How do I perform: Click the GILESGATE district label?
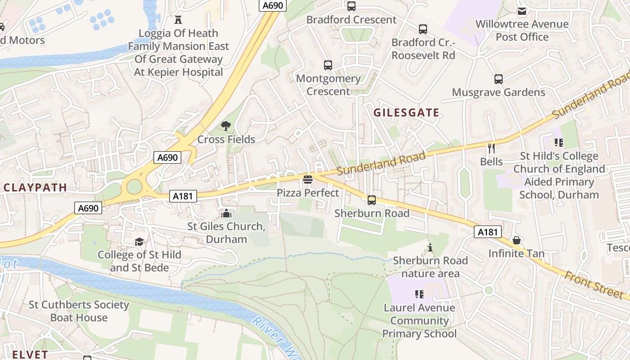tap(406, 112)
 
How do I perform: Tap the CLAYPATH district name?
tap(36, 188)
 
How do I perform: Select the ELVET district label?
tap(30, 354)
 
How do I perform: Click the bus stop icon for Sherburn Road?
tap(372, 200)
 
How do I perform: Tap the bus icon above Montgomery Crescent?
tap(328, 65)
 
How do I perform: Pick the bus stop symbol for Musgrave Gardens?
tap(499, 79)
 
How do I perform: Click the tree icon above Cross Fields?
tap(226, 126)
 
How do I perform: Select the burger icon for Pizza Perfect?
tap(308, 180)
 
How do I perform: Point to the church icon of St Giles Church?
tap(226, 213)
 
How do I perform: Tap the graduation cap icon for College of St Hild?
tap(139, 242)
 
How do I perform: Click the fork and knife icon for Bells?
tap(491, 148)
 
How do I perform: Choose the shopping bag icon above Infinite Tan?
tap(517, 240)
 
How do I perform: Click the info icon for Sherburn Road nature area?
tap(430, 247)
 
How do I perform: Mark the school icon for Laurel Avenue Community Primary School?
tap(419, 294)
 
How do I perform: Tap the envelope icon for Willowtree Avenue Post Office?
tap(522, 11)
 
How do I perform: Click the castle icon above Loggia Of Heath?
tap(178, 20)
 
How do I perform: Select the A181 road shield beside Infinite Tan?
tap(487, 232)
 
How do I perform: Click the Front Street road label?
tap(594, 283)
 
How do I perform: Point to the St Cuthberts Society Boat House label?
tap(79, 311)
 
